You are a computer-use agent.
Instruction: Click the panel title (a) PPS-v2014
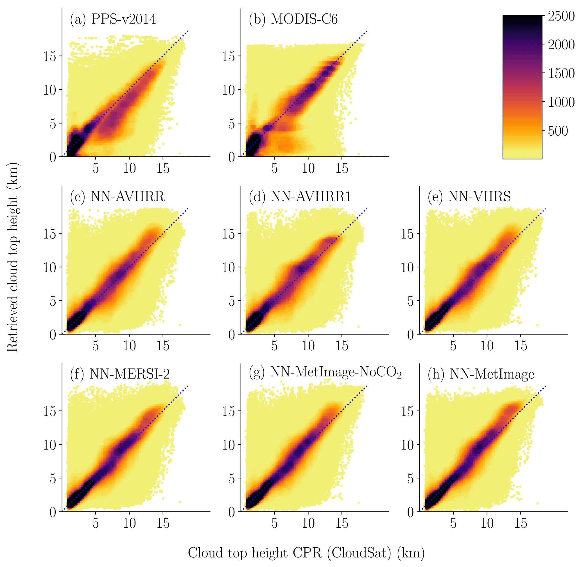pos(113,19)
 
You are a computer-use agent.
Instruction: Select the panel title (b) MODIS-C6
pos(293,19)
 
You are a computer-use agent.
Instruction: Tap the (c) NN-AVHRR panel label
pos(117,197)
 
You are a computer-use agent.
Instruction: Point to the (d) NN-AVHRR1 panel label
pos(300,197)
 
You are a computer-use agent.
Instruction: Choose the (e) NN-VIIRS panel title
pos(469,197)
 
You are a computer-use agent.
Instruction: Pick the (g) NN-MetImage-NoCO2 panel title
pos(325,372)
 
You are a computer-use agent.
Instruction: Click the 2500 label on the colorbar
pos(561,16)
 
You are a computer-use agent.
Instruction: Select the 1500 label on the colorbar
pos(561,73)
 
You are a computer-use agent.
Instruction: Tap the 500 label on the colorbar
pos(558,131)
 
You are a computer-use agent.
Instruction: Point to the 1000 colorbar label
pos(561,102)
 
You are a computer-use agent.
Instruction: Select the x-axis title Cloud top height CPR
pos(306,553)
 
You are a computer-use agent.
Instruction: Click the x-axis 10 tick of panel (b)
pos(308,168)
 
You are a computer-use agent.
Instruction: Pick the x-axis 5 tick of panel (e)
pos(453,346)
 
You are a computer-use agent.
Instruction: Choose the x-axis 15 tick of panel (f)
pos(163,523)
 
